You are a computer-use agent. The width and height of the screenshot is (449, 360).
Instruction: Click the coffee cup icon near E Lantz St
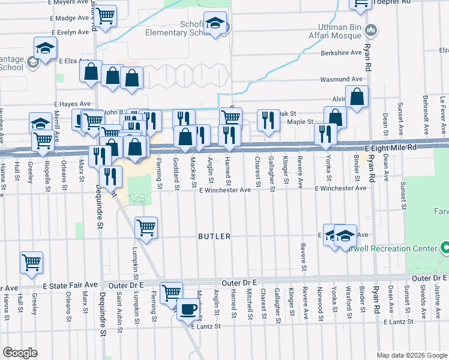(x=189, y=310)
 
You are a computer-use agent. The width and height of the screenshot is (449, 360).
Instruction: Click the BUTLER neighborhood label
(x=214, y=236)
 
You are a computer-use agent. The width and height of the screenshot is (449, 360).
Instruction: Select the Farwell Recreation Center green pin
(x=445, y=248)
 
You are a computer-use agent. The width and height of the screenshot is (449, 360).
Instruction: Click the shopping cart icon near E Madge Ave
(x=105, y=15)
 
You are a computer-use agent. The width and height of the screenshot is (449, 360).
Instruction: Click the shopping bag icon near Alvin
(x=357, y=97)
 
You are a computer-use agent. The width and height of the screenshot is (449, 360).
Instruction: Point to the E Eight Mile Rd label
(x=390, y=148)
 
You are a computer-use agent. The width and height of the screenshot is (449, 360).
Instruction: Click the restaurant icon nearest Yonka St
(x=325, y=133)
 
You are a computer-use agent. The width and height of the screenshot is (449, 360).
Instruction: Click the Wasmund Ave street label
(x=342, y=79)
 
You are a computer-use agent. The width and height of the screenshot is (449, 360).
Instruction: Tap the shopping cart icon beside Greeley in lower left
(x=32, y=262)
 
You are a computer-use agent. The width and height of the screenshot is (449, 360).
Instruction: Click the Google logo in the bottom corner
(x=20, y=353)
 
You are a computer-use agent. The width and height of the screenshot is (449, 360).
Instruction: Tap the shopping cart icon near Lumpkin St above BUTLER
(x=146, y=227)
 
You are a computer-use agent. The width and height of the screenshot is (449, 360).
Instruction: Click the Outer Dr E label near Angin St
(x=238, y=281)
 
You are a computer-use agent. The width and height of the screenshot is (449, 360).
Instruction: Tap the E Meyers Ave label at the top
(x=68, y=3)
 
